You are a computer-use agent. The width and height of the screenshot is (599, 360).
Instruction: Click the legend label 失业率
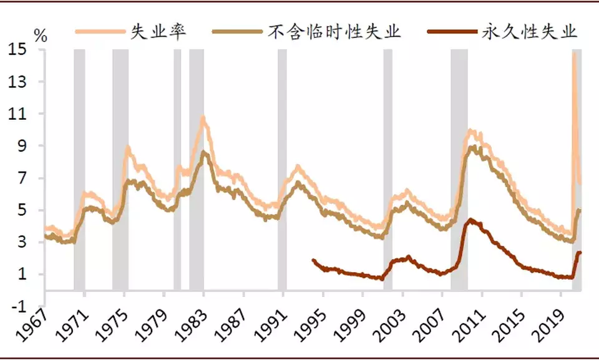tap(158, 31)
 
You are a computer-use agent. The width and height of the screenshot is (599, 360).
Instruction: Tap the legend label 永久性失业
tap(530, 31)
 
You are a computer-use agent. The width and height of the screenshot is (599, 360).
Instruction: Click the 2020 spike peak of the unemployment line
tap(574, 52)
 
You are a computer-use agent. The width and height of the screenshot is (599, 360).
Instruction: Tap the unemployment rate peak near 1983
tap(203, 117)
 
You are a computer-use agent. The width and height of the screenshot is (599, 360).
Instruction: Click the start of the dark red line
tap(313, 260)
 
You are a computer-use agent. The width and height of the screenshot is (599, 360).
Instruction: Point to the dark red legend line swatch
tap(453, 31)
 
